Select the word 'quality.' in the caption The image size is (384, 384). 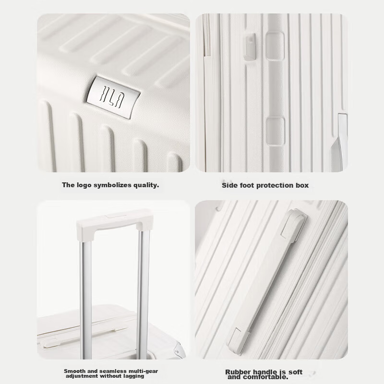pos(145,184)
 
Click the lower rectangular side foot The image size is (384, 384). pos(275,131)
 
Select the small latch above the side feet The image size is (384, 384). pos(250,47)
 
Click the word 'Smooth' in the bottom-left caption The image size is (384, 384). pos(74,371)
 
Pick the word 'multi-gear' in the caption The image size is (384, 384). pos(141,371)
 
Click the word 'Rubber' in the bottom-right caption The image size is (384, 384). pos(239,372)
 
